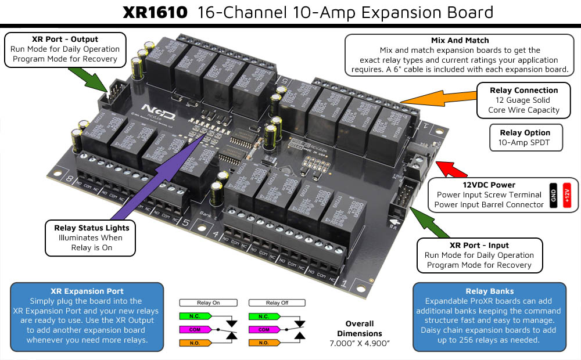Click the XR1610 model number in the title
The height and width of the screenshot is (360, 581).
coord(155,12)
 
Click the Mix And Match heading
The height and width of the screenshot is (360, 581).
coord(460,41)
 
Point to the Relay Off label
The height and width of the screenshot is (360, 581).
coord(277,303)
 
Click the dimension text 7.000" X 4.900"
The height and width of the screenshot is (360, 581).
coord(360,344)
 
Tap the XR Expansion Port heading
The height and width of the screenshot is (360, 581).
coord(87,291)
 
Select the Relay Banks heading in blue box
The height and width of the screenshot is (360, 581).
coord(489,291)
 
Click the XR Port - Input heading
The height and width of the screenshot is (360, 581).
coord(479,245)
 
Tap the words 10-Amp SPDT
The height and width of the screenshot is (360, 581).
coord(523,142)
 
